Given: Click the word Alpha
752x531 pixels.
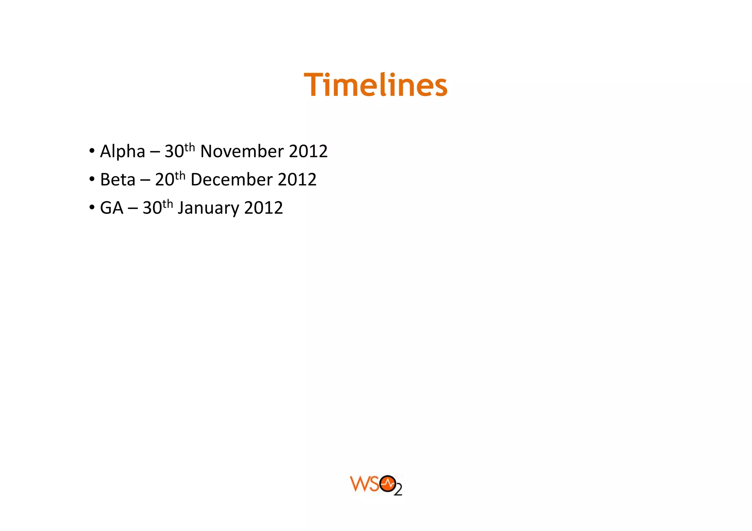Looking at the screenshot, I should tap(123, 152).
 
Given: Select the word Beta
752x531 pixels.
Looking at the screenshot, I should tap(117, 180).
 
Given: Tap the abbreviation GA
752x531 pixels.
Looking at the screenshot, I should tap(112, 208).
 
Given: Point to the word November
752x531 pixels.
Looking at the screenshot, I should tap(242, 151).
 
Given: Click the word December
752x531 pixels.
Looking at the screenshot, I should tap(231, 180).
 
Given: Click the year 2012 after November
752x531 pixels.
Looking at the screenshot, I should tap(308, 151).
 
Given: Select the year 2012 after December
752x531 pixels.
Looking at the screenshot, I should tap(297, 180).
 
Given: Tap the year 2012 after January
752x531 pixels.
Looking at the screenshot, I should tap(263, 208).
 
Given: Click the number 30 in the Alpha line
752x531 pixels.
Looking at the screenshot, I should tap(174, 152).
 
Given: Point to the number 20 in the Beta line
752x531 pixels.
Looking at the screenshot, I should tap(164, 180).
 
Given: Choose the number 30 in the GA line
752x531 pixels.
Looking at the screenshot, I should tap(152, 208).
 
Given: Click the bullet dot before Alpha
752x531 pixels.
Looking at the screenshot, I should tap(92, 151).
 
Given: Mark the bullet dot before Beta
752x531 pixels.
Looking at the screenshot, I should tap(92, 179).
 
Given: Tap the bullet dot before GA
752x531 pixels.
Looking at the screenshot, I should tap(92, 208).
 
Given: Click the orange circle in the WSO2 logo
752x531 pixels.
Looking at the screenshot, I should tap(388, 484).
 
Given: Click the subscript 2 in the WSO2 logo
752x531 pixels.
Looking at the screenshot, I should tap(398, 490).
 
